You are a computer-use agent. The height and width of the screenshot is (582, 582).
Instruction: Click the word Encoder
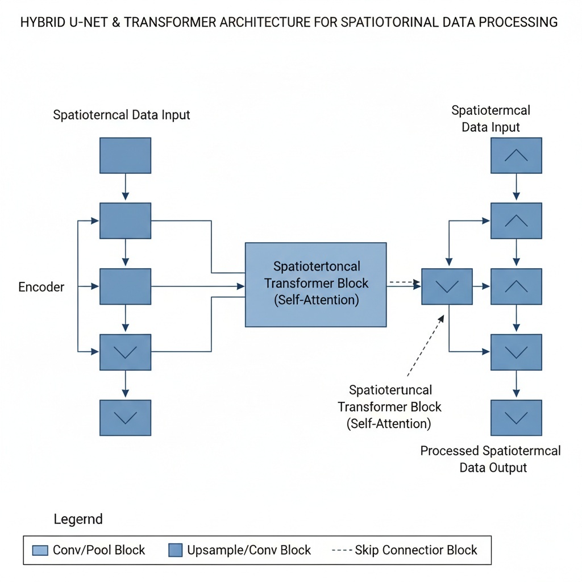point(41,287)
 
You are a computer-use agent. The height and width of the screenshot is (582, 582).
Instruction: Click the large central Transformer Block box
point(315,285)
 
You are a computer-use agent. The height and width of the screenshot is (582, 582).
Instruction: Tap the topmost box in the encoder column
point(126,156)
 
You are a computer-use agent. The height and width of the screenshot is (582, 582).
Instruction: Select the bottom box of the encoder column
point(126,418)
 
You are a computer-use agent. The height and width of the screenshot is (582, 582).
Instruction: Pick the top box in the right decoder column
point(516,156)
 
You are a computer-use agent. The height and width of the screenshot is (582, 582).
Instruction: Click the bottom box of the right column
point(516,418)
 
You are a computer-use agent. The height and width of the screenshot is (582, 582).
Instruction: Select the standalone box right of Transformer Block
point(447,286)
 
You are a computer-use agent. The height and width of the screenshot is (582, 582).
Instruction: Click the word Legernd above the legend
point(78,519)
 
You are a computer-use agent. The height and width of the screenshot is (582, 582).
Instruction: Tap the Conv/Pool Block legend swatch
point(40,550)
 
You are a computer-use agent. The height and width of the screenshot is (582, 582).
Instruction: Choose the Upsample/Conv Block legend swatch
point(176,550)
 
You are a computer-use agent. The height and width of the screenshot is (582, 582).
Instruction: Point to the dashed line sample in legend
point(342,550)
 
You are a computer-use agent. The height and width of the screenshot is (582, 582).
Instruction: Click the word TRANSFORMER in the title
point(171,22)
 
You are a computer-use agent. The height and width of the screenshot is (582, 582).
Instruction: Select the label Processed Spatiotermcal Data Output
point(490,459)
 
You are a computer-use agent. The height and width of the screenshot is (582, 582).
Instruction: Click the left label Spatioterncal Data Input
point(122,115)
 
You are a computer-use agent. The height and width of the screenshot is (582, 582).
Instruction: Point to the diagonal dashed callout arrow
point(426,346)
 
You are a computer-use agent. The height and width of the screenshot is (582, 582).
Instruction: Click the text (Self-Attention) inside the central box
point(316,300)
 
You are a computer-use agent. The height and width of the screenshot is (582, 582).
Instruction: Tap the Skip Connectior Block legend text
point(415,550)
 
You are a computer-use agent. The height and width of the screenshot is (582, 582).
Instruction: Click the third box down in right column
point(516,286)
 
